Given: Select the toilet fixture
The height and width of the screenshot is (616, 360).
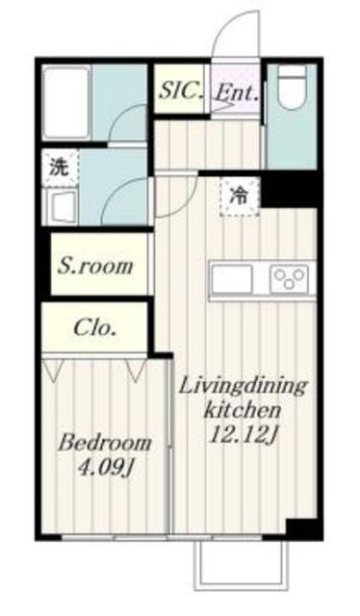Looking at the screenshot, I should [292, 95].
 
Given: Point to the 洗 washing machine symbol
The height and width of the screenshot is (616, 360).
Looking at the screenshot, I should [58, 165].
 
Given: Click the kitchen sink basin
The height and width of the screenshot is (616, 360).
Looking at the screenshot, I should [232, 279].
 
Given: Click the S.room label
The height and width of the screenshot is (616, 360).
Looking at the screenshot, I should [93, 266].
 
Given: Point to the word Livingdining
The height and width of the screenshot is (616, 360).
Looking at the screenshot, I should [245, 386].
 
